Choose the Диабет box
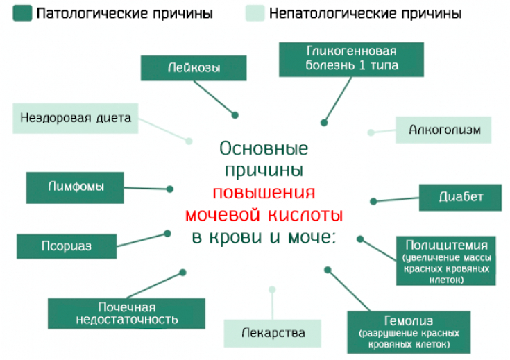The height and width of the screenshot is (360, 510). click(x=461, y=197)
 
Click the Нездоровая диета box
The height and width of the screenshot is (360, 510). click(x=76, y=118)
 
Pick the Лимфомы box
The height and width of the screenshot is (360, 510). click(x=76, y=187)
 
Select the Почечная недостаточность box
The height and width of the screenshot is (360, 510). click(x=126, y=314)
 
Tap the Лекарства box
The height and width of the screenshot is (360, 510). click(x=273, y=333)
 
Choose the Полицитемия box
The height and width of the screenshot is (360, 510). click(x=446, y=261)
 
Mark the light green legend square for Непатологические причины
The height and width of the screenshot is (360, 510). click(x=255, y=13)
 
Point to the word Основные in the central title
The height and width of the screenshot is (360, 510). click(x=264, y=148)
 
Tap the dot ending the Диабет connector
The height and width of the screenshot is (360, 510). click(x=373, y=201)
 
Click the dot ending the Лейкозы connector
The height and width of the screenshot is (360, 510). click(x=235, y=114)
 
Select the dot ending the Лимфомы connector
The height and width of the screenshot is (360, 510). click(x=170, y=188)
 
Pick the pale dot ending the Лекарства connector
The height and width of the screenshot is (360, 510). click(x=272, y=289)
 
